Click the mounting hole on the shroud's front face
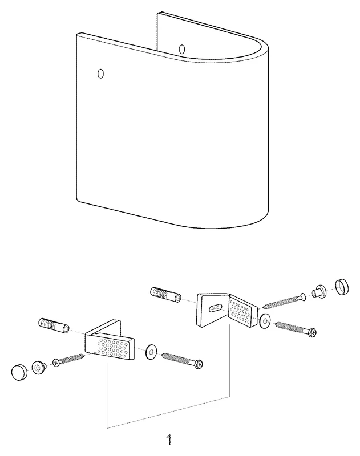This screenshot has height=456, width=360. (100, 74)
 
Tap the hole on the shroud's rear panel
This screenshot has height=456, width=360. (182, 49)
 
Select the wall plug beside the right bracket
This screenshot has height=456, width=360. (165, 295)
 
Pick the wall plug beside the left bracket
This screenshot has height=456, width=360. (54, 325)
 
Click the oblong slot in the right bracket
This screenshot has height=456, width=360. (216, 308)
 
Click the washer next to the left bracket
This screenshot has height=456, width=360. (151, 352)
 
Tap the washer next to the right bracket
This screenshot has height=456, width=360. (265, 321)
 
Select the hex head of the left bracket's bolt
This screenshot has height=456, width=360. (199, 364)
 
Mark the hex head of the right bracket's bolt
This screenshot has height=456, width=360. (312, 333)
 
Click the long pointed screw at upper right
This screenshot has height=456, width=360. (284, 301)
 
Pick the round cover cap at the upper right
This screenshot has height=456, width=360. (342, 287)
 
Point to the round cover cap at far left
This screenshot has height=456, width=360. (19, 372)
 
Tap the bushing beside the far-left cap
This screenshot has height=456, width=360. (38, 367)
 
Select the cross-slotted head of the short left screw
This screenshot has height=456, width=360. (56, 363)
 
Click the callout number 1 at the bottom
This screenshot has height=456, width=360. (169, 440)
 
